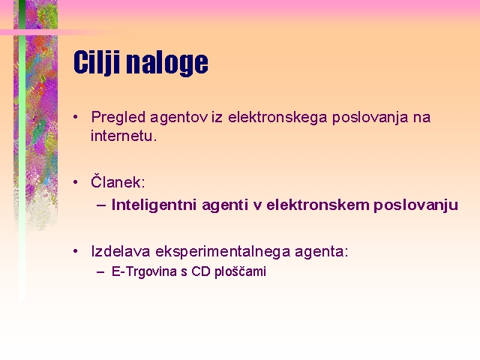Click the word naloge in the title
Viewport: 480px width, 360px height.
click(167, 63)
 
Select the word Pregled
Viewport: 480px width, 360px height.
click(118, 118)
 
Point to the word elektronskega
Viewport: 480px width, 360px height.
click(277, 118)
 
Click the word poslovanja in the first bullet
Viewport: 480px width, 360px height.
click(370, 118)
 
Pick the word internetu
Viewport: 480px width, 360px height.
click(124, 136)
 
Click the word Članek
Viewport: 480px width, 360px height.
click(118, 181)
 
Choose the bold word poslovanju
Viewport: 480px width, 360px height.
click(415, 205)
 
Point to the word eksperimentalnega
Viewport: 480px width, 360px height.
click(223, 252)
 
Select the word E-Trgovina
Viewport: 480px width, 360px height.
click(144, 271)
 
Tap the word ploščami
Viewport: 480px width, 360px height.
click(240, 271)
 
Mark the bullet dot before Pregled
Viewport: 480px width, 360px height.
click(76, 117)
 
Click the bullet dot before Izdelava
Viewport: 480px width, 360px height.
click(76, 251)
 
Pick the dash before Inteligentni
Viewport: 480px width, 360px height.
click(101, 205)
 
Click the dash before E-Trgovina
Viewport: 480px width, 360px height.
click(100, 272)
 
